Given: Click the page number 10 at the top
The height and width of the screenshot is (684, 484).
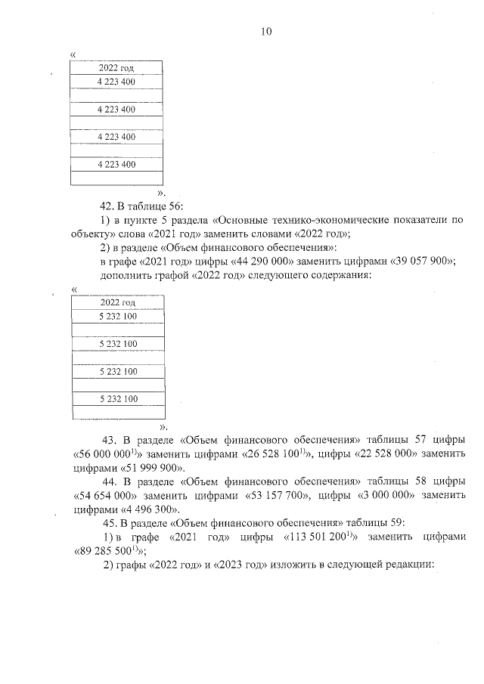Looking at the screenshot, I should click(x=266, y=32).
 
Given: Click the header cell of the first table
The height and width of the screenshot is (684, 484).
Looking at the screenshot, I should click(x=116, y=68).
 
